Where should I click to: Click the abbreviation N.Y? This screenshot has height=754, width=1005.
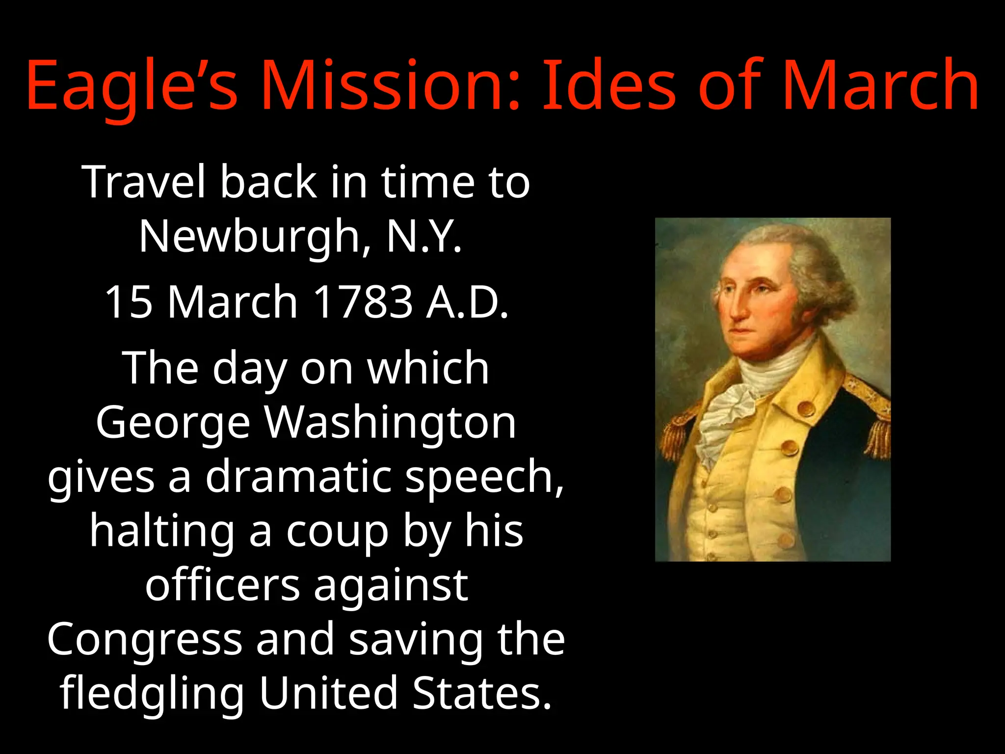pyautogui.click(x=424, y=237)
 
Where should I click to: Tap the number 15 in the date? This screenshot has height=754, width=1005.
pyautogui.click(x=129, y=302)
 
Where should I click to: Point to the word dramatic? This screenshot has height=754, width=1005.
pyautogui.click(x=298, y=477)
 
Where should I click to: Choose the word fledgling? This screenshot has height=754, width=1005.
pyautogui.click(x=152, y=694)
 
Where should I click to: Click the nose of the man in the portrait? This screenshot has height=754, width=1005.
pyautogui.click(x=736, y=309)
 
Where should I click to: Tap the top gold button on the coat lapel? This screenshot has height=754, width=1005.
pyautogui.click(x=806, y=408)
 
